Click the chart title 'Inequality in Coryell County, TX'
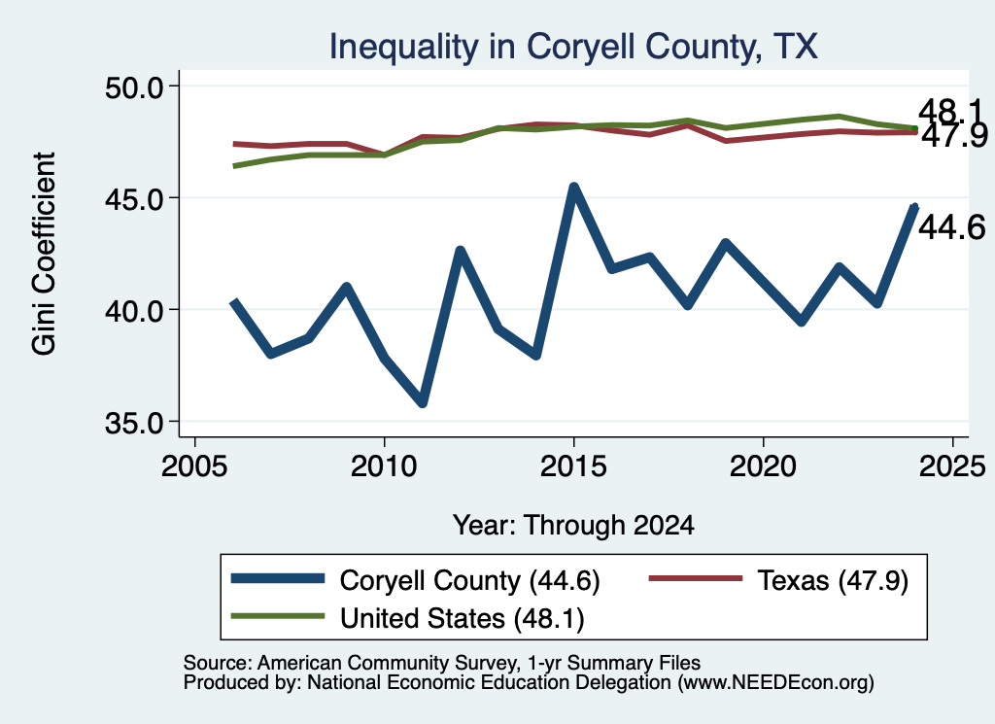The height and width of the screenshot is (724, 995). tap(573, 47)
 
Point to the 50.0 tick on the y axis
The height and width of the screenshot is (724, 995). tap(133, 86)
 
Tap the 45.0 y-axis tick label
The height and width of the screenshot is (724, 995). tap(133, 198)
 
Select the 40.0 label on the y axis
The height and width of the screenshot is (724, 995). tap(133, 311)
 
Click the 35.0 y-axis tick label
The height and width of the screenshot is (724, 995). tap(133, 423)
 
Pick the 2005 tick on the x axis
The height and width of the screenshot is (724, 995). tap(194, 466)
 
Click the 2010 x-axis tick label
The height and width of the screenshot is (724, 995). tap(384, 466)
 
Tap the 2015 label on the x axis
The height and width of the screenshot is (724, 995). tap(573, 466)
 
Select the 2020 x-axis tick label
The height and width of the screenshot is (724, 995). tap(763, 466)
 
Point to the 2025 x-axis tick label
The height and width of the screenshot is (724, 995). tap(952, 466)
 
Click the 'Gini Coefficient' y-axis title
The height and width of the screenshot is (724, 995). tap(44, 254)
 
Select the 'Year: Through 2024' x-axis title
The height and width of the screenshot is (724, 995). tap(573, 526)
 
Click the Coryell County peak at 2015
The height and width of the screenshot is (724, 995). tap(573, 188)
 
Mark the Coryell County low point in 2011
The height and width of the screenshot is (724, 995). tap(422, 401)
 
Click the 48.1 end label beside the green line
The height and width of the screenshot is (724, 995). tap(949, 112)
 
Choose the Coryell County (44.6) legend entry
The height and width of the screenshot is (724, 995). tap(416, 580)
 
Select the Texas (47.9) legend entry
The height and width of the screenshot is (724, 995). tap(778, 580)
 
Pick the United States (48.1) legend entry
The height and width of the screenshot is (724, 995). tap(407, 618)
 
